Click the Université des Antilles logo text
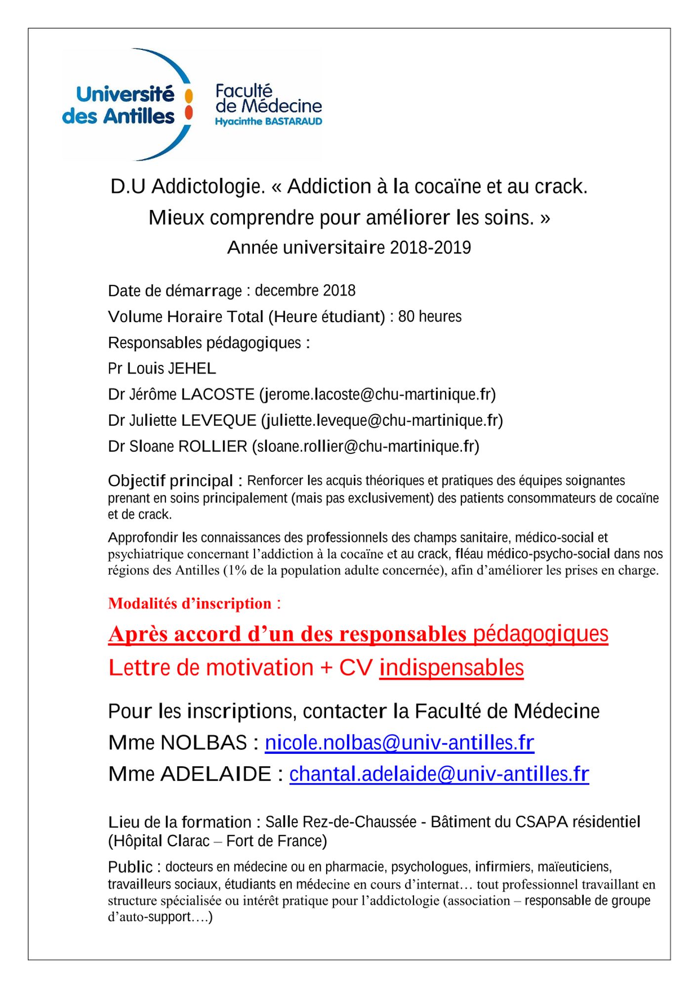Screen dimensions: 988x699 click(x=119, y=105)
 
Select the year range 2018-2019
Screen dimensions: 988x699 click(x=430, y=247)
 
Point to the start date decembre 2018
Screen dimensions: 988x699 click(x=305, y=290)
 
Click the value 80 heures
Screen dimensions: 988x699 click(x=430, y=316)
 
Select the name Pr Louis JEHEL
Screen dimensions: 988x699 click(x=162, y=369)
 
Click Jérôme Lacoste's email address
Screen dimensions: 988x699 click(x=378, y=394)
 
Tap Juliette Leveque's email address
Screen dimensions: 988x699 click(x=382, y=420)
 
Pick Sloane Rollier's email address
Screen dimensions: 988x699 click(x=366, y=447)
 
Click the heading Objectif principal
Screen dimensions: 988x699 click(x=170, y=481)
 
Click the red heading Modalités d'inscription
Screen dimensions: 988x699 click(x=190, y=603)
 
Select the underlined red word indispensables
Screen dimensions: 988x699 click(x=451, y=668)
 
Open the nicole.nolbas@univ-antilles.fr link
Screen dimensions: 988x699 click(x=399, y=743)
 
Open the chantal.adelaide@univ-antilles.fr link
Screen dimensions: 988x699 click(x=439, y=774)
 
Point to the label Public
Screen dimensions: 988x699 click(x=130, y=867)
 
